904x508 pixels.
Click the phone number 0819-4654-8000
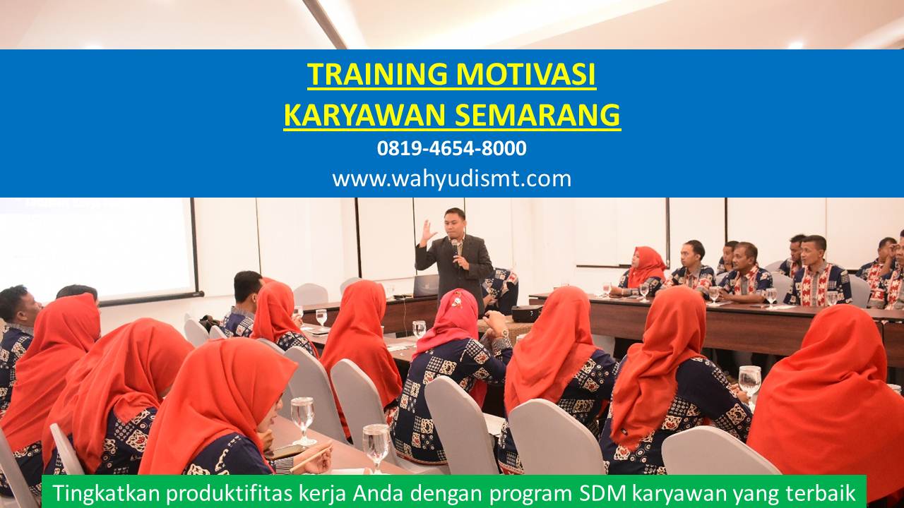point(451,148)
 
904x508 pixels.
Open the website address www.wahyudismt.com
point(451,179)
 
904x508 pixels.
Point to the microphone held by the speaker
point(456,247)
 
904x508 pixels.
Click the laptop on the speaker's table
point(425,286)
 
